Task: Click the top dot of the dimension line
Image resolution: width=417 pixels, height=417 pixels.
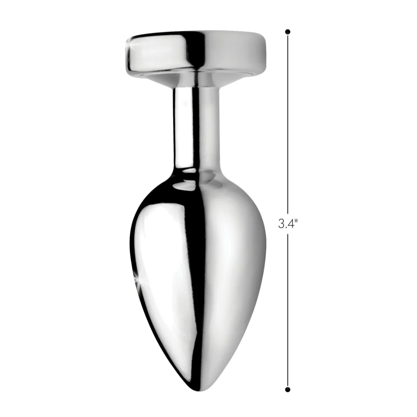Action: (288, 32)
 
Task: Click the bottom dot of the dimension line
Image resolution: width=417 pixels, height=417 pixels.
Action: (288, 390)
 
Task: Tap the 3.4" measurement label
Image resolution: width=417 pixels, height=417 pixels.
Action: (288, 224)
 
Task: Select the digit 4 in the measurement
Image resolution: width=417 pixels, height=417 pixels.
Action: (290, 224)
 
